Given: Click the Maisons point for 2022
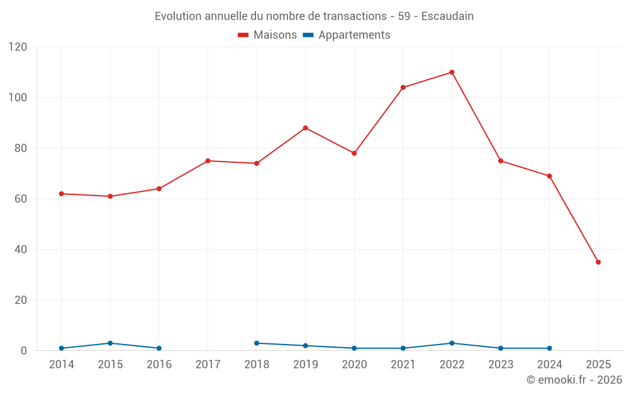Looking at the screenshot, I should pyautogui.click(x=452, y=72).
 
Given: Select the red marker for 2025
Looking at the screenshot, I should pyautogui.click(x=598, y=262).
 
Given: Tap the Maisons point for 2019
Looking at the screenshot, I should pyautogui.click(x=305, y=128).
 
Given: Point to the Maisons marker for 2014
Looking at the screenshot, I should pyautogui.click(x=61, y=194).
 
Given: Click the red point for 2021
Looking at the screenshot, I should pyautogui.click(x=403, y=87).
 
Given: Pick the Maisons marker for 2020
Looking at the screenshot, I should pyautogui.click(x=354, y=153).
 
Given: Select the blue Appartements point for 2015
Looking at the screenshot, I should pyautogui.click(x=110, y=343).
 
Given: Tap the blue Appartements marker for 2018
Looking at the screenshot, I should pyautogui.click(x=257, y=343).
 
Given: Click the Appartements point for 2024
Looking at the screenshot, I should pyautogui.click(x=549, y=348).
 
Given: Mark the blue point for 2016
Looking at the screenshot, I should pyautogui.click(x=159, y=348).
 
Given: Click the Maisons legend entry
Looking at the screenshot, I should pyautogui.click(x=267, y=35).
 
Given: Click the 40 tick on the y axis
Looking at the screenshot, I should pyautogui.click(x=21, y=250).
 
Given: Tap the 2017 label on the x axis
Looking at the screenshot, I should pyautogui.click(x=208, y=365).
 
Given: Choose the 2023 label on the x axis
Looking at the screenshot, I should pyautogui.click(x=501, y=365).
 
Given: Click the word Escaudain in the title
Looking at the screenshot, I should pyautogui.click(x=447, y=16).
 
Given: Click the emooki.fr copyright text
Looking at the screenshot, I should pyautogui.click(x=574, y=380).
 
